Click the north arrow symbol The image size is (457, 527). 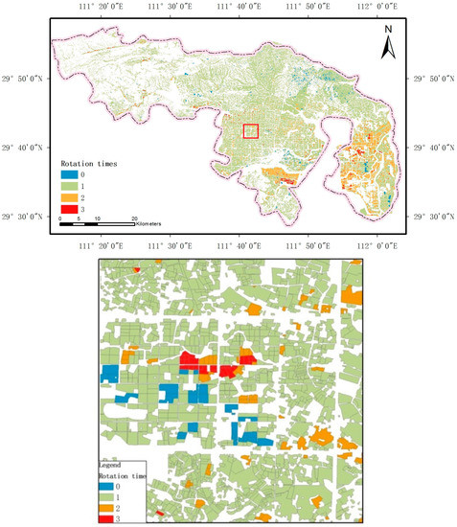tap(388, 44)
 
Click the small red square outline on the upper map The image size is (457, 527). tap(251, 132)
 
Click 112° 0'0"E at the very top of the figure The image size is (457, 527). tap(377, 7)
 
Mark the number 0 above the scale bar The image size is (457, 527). tap(60, 218)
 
